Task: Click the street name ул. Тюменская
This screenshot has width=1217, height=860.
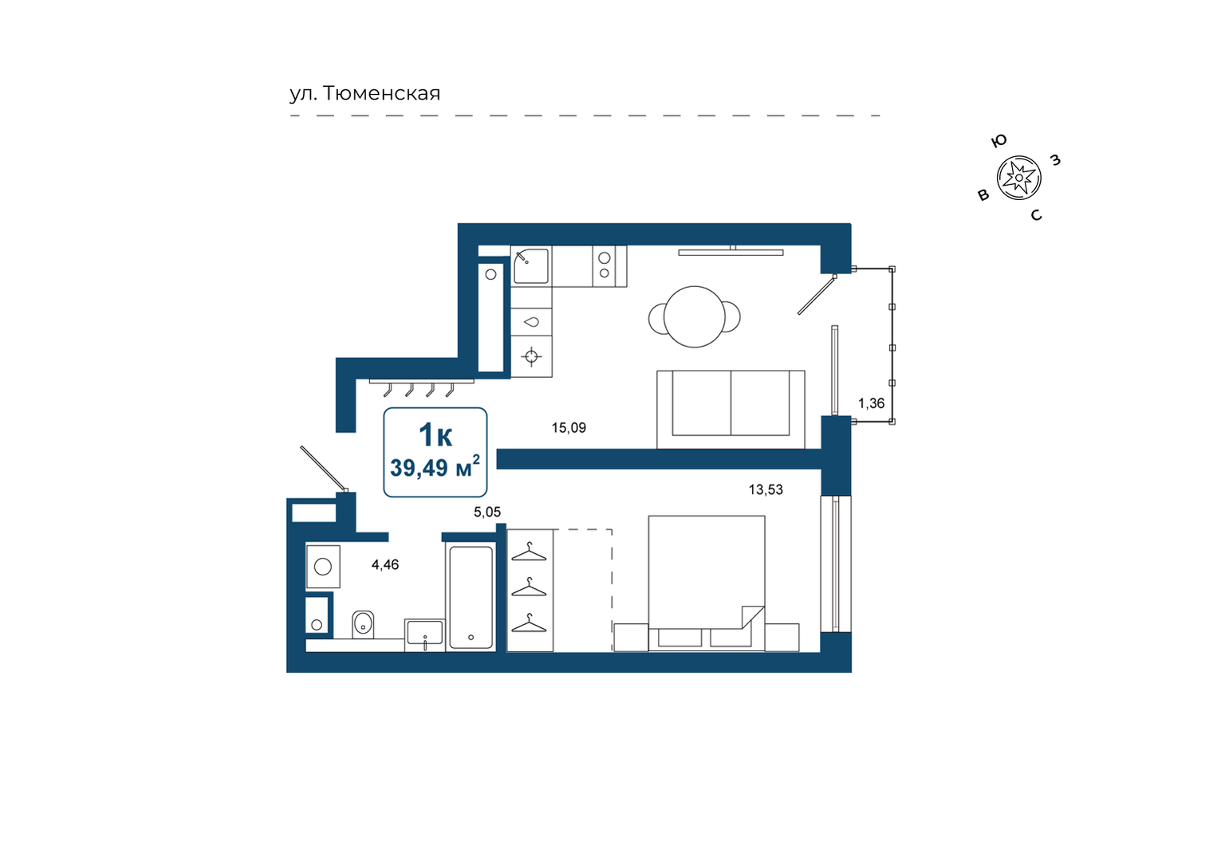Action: click(364, 94)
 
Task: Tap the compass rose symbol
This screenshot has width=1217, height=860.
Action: click(1018, 178)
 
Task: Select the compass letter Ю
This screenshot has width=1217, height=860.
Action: click(998, 140)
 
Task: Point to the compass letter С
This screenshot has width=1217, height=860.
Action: click(1036, 215)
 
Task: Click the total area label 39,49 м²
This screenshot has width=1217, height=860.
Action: click(435, 468)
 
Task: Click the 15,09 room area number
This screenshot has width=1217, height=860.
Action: click(569, 428)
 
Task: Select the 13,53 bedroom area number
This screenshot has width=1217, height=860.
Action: click(766, 489)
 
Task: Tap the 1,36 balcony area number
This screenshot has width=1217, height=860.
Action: click(871, 403)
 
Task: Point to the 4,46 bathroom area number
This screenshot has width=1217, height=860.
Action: click(384, 564)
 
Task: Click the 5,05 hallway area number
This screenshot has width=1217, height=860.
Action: click(486, 512)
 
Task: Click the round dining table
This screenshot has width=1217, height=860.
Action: click(695, 316)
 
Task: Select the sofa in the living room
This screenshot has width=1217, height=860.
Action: click(731, 410)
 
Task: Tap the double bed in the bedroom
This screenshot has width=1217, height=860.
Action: click(707, 583)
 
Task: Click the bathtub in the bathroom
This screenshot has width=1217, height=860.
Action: click(471, 597)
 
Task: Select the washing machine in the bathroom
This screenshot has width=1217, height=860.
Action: click(323, 567)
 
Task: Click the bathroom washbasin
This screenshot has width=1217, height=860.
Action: click(425, 634)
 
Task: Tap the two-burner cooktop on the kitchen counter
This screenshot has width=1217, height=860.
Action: click(609, 266)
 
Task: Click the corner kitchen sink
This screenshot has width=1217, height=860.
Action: click(531, 266)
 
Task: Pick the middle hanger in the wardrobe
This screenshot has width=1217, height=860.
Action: click(529, 587)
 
